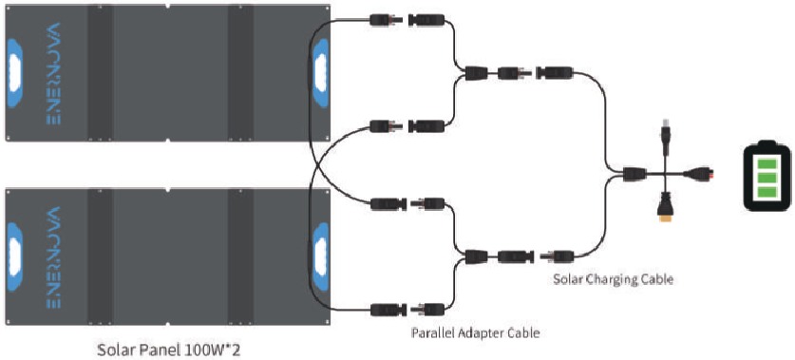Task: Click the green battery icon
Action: click(767, 175)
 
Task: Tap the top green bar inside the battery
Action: click(767, 164)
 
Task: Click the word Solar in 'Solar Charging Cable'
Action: click(564, 279)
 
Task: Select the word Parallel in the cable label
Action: click(429, 333)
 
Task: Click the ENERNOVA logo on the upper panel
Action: click(53, 73)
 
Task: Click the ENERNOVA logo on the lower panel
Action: click(53, 257)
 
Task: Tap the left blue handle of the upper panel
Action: click(14, 72)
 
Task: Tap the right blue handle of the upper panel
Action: click(320, 72)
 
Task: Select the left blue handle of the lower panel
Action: click(14, 257)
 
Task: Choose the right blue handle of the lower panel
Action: click(320, 257)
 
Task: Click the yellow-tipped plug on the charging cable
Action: click(665, 209)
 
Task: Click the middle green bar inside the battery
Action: click(767, 179)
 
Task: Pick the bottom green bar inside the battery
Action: click(767, 192)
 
